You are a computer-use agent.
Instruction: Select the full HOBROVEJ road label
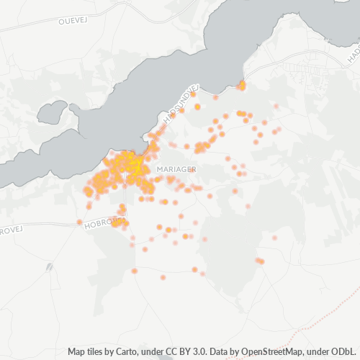pyautogui.click(x=99, y=224)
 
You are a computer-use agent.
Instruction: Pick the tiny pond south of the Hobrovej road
pyautogui.click(x=49, y=267)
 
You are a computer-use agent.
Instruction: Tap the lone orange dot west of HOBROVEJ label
pyautogui.click(x=79, y=222)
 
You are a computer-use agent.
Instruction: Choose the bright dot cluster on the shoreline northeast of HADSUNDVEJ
pyautogui.click(x=241, y=86)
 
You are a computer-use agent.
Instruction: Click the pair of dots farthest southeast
pyautogui.click(x=259, y=261)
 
